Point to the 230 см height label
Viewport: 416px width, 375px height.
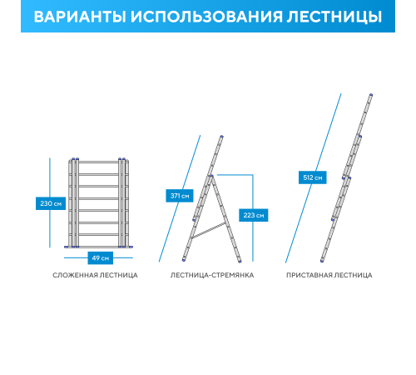click(50, 203)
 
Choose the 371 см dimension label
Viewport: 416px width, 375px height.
click(179, 196)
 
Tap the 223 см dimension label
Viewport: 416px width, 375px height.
click(254, 215)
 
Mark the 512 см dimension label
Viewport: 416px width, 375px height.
click(311, 177)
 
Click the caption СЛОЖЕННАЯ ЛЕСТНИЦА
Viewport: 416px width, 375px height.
click(95, 275)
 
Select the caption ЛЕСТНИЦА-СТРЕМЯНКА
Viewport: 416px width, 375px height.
click(212, 275)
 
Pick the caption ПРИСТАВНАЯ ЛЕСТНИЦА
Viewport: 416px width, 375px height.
click(329, 275)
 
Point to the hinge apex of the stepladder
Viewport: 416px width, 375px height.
click(211, 176)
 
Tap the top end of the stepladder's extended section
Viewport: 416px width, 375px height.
click(223, 137)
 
